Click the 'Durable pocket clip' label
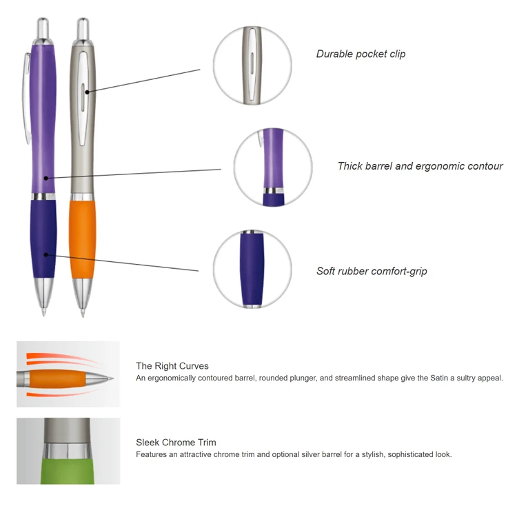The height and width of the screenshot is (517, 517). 361,54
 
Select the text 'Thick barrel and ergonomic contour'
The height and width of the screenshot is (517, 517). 420,166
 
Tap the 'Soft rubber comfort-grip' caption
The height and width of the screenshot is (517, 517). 372,271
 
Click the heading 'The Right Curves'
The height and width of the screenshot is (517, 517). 172,366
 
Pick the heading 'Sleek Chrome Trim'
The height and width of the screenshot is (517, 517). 176,443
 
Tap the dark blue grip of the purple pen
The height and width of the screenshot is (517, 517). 43,238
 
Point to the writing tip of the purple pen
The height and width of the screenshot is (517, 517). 44,310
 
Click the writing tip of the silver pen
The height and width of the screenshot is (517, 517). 84,311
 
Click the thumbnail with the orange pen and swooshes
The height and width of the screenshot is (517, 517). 68,374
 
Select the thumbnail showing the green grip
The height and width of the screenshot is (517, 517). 68,451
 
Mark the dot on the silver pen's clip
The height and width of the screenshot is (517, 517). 86,90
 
